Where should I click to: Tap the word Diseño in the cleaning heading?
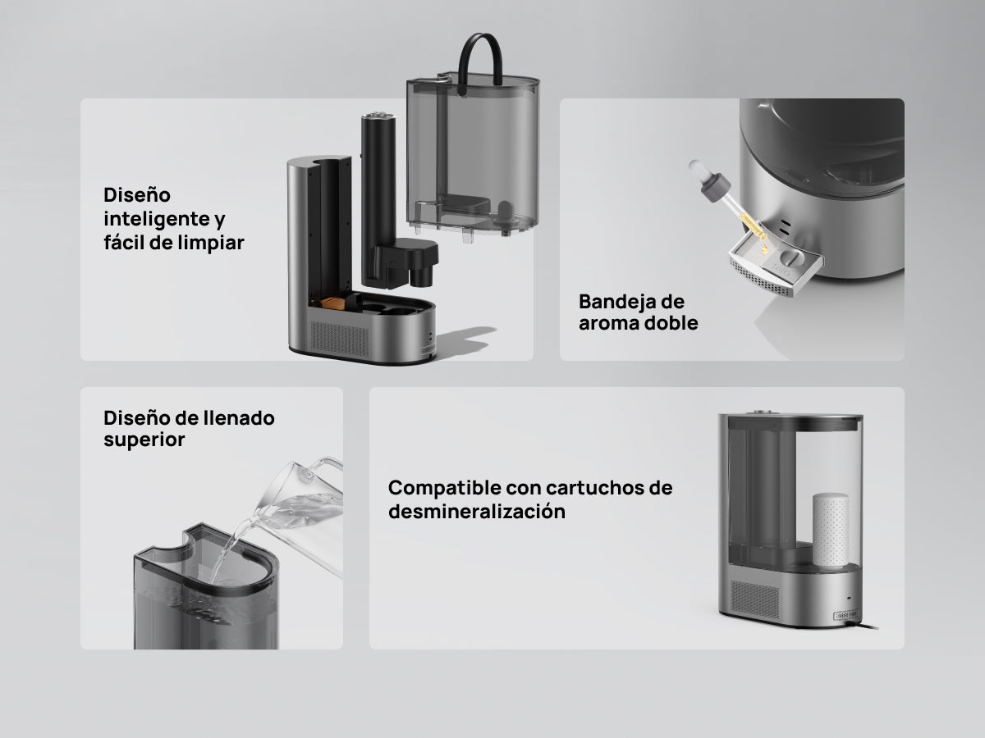click(137, 195)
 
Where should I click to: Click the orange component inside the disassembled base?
click(333, 303)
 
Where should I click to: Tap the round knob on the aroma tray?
click(790, 257)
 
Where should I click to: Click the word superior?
click(144, 440)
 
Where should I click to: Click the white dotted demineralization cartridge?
click(830, 529)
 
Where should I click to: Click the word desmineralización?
click(477, 511)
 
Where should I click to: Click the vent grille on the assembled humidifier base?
click(755, 599)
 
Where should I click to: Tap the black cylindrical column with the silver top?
click(378, 197)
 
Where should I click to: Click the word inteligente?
click(157, 220)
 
